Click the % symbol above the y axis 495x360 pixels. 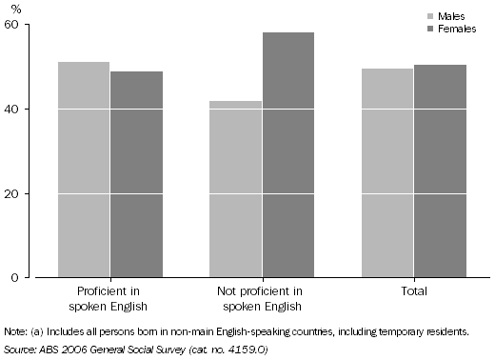15,9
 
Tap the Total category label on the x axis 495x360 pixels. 414,291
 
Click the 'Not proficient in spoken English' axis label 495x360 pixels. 262,298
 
